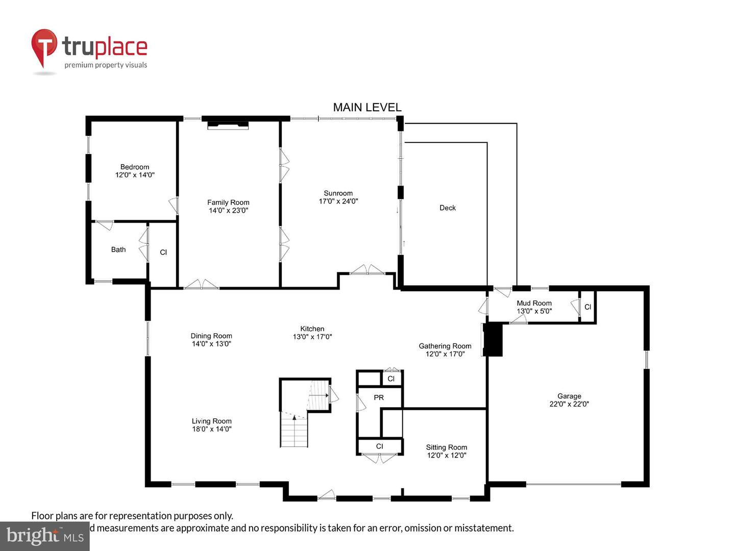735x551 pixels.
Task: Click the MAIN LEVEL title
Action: [x=367, y=107]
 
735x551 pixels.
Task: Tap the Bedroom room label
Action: [x=135, y=167]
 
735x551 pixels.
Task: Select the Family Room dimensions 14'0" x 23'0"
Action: [x=228, y=210]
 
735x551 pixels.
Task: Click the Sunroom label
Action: [x=338, y=193]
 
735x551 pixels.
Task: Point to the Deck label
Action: [x=447, y=208]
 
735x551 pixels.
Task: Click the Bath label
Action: [x=118, y=249]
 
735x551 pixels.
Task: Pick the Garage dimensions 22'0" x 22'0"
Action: [x=569, y=404]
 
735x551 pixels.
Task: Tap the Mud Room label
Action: [x=534, y=303]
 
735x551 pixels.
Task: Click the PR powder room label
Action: [x=379, y=397]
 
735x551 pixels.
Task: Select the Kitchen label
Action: [x=312, y=329]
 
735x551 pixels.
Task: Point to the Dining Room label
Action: [x=211, y=336]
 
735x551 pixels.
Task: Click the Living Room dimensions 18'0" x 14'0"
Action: [x=212, y=429]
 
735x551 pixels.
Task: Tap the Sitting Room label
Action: [x=447, y=447]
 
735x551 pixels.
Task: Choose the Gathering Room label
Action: [x=445, y=346]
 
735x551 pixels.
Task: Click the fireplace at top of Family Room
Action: [x=228, y=124]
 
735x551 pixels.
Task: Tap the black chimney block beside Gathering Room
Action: [x=493, y=339]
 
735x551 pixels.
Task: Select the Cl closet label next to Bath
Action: [x=163, y=252]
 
